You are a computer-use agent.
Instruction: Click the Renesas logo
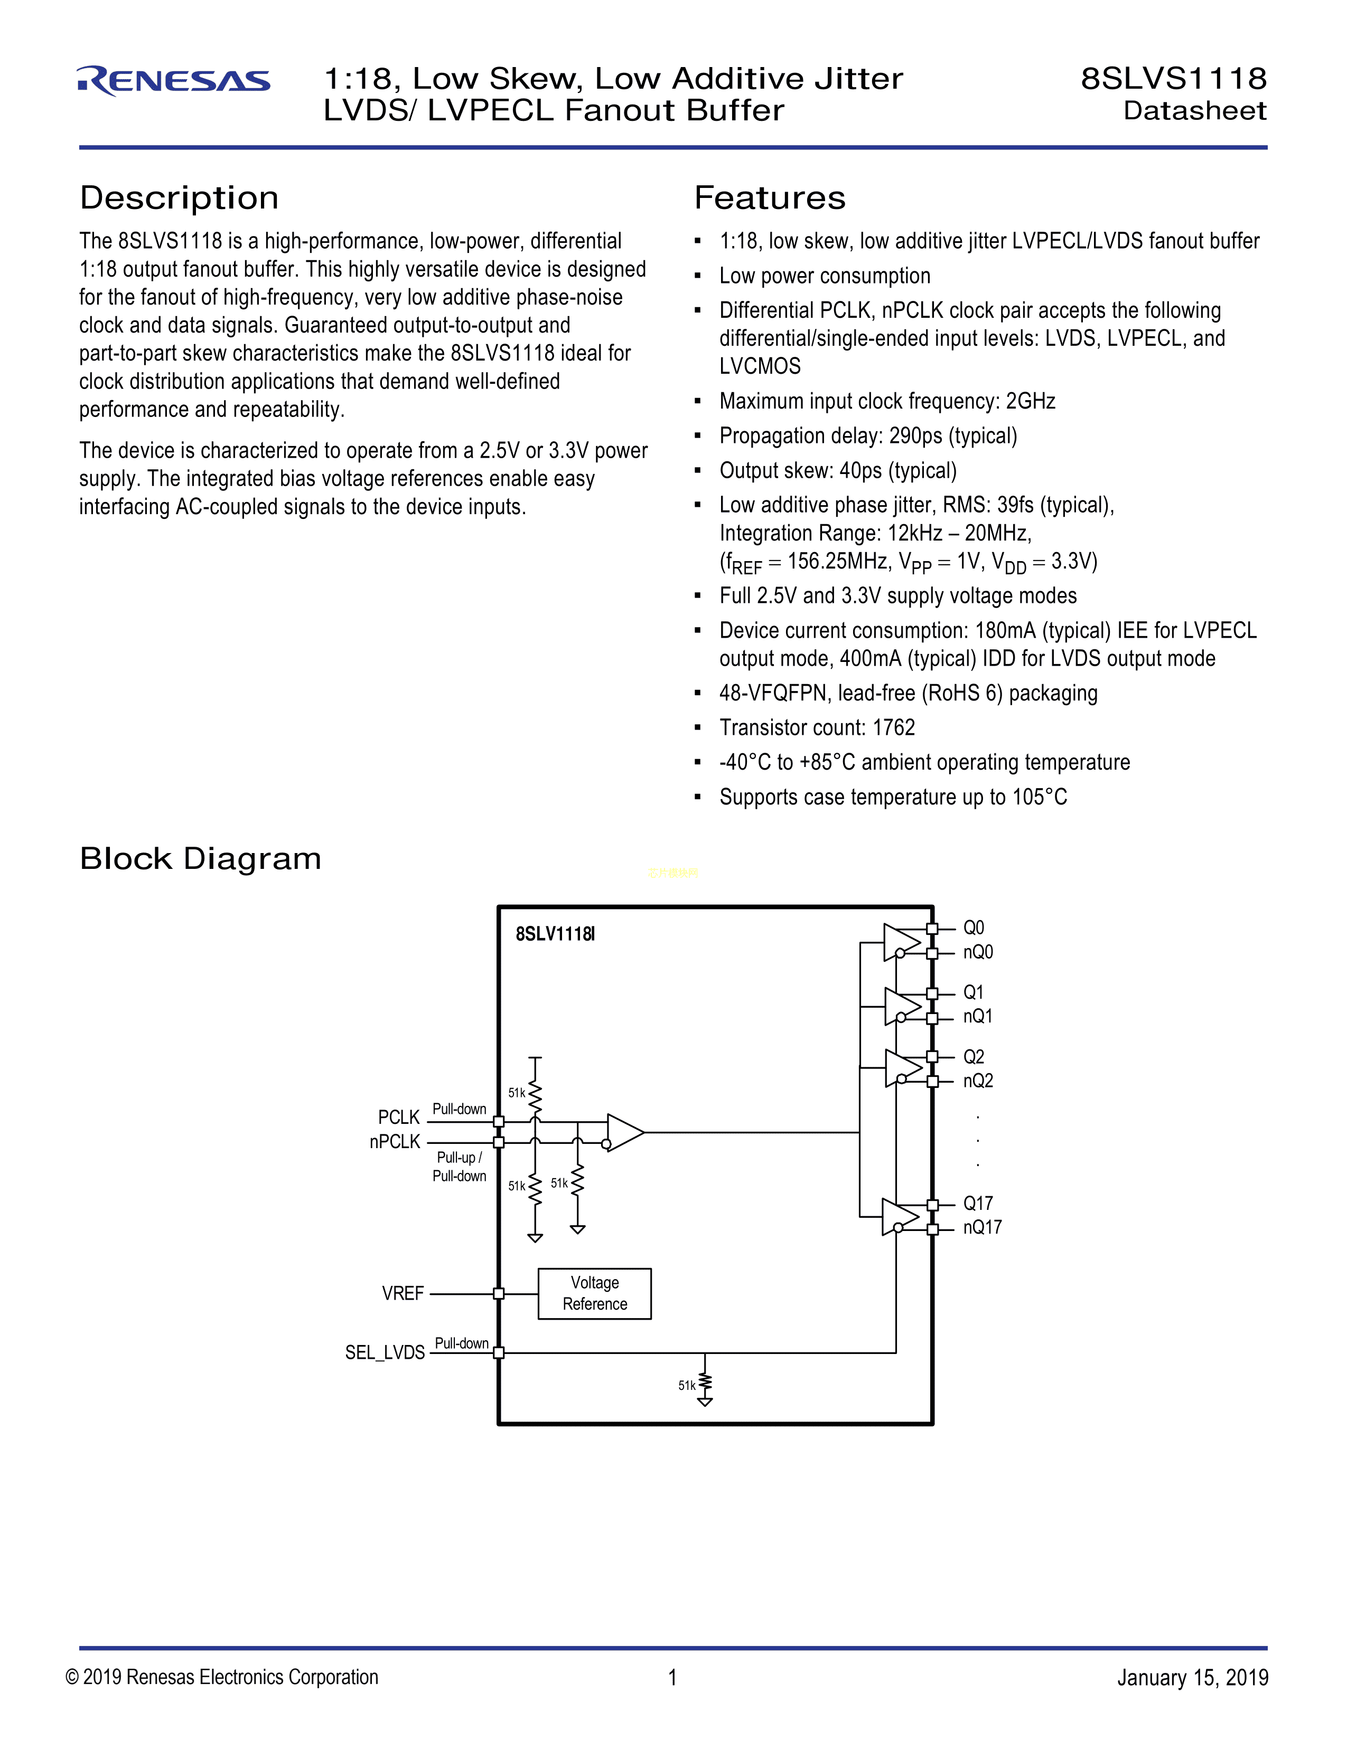pos(174,81)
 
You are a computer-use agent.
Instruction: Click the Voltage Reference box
pos(594,1293)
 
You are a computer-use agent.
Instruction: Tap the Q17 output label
pos(978,1203)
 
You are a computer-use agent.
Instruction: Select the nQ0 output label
pos(978,952)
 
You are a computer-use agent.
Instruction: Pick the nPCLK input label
pos(394,1141)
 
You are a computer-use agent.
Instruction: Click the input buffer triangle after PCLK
pos(624,1132)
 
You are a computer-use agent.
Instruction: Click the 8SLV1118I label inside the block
pos(555,934)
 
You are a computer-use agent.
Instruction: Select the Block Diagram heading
pos(200,859)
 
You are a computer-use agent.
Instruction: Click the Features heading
pos(769,198)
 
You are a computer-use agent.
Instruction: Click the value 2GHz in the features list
pos(1030,401)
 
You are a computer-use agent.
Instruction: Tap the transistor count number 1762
pos(894,727)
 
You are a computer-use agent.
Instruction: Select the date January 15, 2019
pos(1192,1678)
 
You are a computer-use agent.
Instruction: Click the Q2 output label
pos(974,1057)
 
